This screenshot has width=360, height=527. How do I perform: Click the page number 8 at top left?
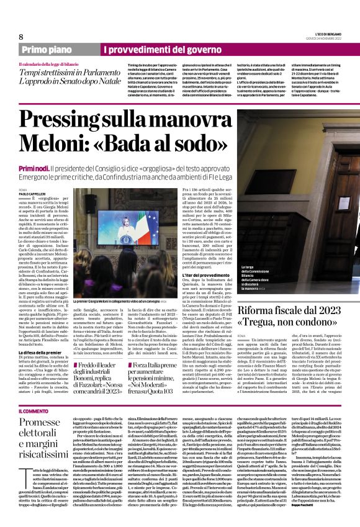pos(21,37)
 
